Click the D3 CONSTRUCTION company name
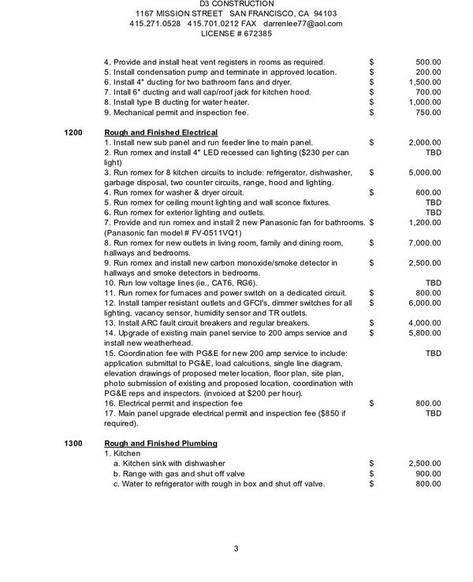pyautogui.click(x=236, y=4)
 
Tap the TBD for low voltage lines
pyautogui.click(x=434, y=282)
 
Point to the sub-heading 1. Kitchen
pyautogui.click(x=122, y=454)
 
